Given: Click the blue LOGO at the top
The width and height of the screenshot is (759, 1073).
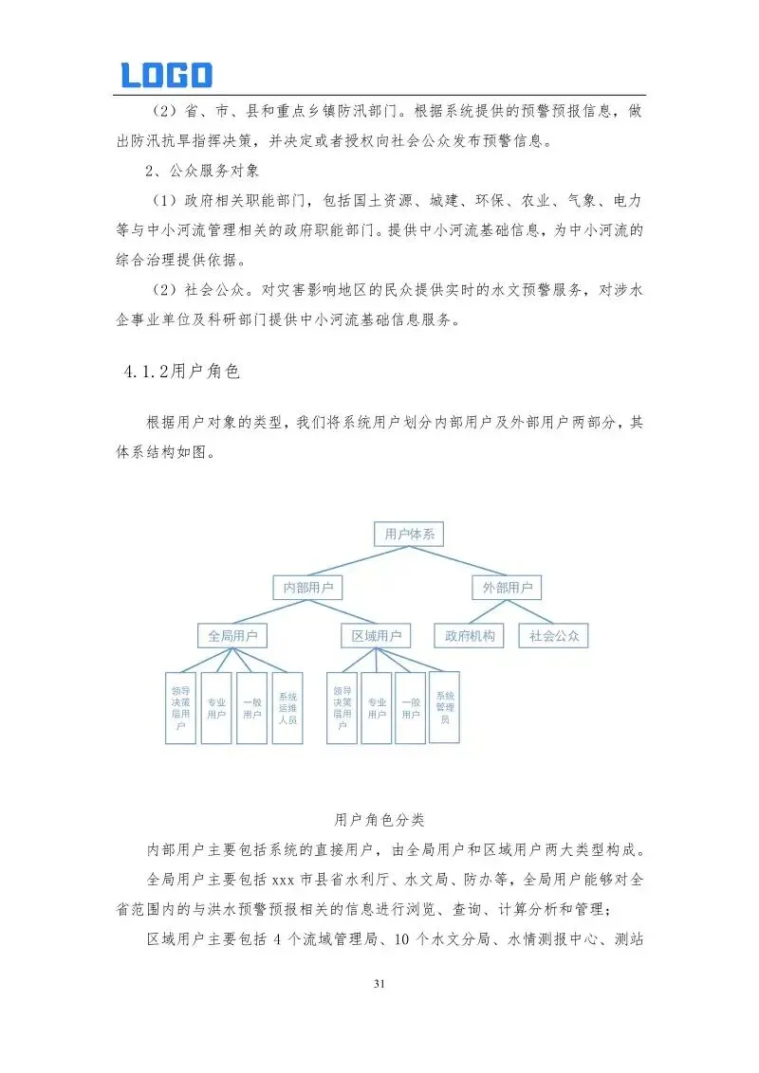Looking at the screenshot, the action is pos(166,75).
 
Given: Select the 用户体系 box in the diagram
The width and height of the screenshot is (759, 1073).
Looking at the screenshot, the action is pos(409,535).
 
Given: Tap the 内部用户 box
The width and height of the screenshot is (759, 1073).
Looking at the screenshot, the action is pos(307,588).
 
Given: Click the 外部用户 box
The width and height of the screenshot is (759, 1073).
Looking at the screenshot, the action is pos(508,588).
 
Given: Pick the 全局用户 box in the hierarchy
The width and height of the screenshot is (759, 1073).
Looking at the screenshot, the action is pos(232,635).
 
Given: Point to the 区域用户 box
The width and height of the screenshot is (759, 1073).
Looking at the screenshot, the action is pos(376,635).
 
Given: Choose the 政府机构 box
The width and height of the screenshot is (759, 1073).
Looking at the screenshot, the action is pos(470,635).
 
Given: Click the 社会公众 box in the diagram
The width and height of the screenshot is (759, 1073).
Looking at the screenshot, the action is pos(554,635).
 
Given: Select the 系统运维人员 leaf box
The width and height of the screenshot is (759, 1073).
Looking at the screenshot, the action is pos(287,707).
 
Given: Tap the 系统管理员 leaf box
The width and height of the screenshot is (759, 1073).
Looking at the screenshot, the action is pos(445,707).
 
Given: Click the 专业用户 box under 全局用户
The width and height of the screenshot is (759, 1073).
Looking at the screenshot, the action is pos(216,707).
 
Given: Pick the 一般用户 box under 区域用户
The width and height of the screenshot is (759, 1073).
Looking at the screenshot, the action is pos(410,707).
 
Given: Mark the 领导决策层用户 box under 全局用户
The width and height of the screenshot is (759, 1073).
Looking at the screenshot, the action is pos(180,707).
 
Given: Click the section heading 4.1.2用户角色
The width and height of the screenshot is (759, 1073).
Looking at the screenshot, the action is pos(180,371).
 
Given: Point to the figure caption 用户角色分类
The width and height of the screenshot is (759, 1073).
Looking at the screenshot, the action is pos(379,818).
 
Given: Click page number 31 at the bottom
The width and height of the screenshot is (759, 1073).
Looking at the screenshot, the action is pos(379,985).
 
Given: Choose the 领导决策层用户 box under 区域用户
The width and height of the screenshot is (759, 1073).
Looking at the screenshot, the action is pos(342,707).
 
